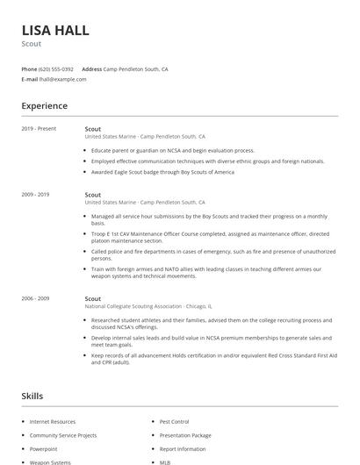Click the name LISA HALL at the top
(x=54, y=30)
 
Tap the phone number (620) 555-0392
(x=56, y=68)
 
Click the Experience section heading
(x=44, y=106)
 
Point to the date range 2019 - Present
(x=40, y=129)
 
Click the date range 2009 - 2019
(x=36, y=194)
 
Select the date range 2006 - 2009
(x=36, y=298)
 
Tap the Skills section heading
(x=32, y=397)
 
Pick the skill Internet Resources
(x=53, y=422)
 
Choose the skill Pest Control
(x=174, y=422)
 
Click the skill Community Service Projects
(x=63, y=435)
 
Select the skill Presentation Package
(x=184, y=435)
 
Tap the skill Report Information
(x=182, y=448)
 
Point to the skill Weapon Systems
(x=50, y=461)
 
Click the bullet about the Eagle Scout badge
(x=162, y=172)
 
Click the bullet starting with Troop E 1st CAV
(x=210, y=238)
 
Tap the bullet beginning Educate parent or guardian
(x=172, y=151)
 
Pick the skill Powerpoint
(x=43, y=448)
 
